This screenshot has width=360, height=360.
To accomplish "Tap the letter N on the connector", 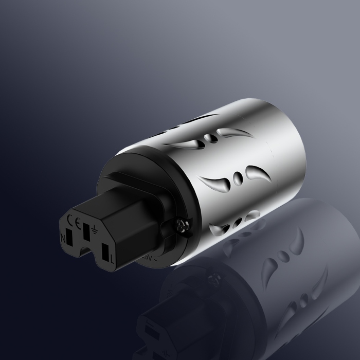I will tap(64, 238).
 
